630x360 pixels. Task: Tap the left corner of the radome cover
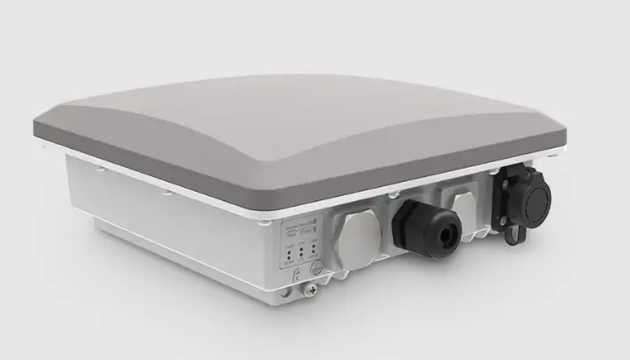45,125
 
